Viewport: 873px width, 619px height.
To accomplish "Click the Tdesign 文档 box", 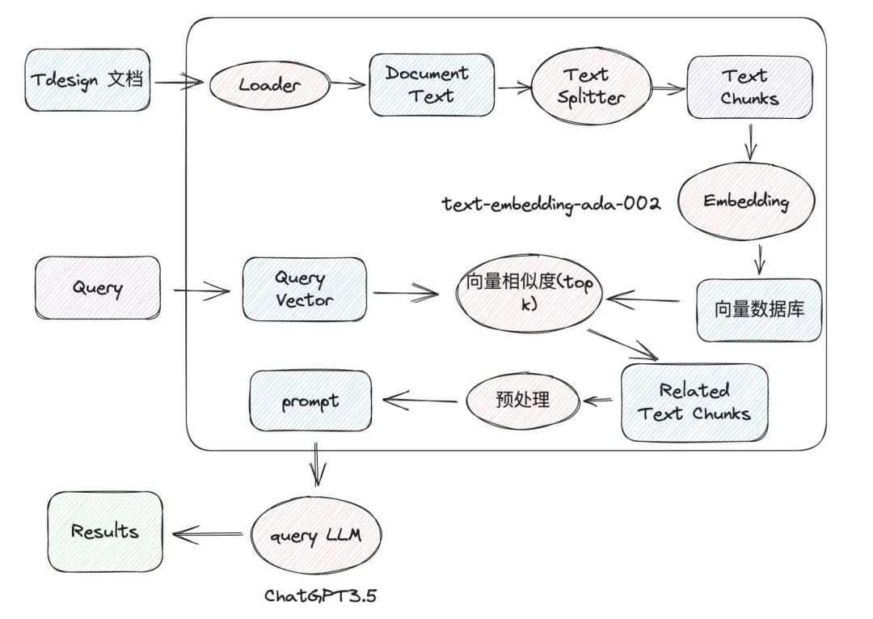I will pyautogui.click(x=87, y=80).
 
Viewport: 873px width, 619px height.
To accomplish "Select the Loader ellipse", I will pyautogui.click(x=269, y=84).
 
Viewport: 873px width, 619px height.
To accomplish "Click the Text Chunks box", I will pyautogui.click(x=749, y=87).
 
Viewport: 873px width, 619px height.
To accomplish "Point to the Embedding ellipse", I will pyautogui.click(x=745, y=201).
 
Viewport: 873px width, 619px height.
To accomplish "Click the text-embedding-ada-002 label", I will pyautogui.click(x=551, y=203).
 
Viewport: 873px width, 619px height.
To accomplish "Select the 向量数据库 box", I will pyautogui.click(x=758, y=310).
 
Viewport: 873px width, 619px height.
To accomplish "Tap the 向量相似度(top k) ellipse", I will pyautogui.click(x=529, y=294).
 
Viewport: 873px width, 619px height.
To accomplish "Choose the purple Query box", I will pyautogui.click(x=97, y=287).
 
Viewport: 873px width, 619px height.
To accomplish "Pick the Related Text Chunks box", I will pyautogui.click(x=694, y=402).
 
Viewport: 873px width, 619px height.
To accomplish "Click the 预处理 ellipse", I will pyautogui.click(x=521, y=399).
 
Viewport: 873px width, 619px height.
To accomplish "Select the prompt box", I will pyautogui.click(x=311, y=401).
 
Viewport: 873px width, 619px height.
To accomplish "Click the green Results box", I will pyautogui.click(x=104, y=531).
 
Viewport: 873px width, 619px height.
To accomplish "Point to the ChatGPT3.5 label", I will pyautogui.click(x=321, y=596).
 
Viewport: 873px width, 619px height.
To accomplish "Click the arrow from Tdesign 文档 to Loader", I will pyautogui.click(x=178, y=82).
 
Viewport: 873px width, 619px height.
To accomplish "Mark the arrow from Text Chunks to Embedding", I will pyautogui.click(x=751, y=143).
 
